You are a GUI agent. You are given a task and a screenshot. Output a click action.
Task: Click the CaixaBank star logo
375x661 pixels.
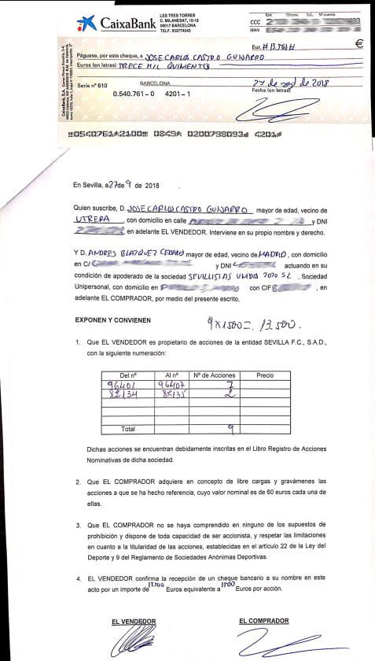tap(87, 24)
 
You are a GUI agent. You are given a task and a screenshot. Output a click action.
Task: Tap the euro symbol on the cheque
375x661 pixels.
tap(358, 44)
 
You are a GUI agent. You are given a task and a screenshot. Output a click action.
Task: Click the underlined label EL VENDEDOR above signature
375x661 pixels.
tap(134, 622)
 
